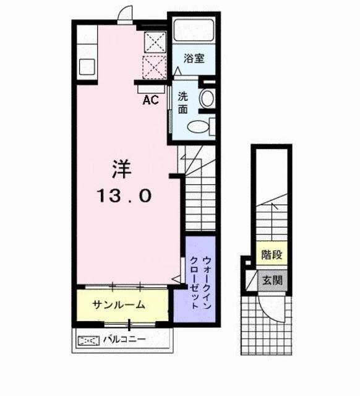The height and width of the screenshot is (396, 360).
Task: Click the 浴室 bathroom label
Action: point(194,58)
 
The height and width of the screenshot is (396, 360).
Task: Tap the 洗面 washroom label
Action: point(183,103)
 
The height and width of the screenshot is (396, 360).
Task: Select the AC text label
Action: point(150,100)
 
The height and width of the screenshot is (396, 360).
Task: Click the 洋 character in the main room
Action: point(122,169)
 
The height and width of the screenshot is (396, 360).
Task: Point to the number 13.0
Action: point(125,196)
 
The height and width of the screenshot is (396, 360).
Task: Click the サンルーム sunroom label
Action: point(119,305)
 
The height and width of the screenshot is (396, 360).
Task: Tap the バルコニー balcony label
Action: point(124,339)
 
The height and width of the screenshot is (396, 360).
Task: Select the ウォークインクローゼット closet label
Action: point(200,282)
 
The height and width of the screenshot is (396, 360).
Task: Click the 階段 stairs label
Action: point(272,254)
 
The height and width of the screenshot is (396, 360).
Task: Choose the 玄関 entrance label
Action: point(272,280)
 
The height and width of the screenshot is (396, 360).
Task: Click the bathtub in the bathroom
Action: point(194,30)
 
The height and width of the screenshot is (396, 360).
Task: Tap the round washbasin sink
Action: point(207,98)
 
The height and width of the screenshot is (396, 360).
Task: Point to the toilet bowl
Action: point(198,126)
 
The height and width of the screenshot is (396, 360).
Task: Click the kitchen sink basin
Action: point(87,67)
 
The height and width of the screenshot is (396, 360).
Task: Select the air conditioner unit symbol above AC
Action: point(151,89)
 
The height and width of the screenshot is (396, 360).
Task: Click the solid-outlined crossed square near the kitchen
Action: point(155,42)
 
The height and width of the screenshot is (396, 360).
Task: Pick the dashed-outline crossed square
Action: point(155,67)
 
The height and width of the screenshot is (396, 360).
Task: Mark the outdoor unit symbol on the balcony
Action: point(88,341)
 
